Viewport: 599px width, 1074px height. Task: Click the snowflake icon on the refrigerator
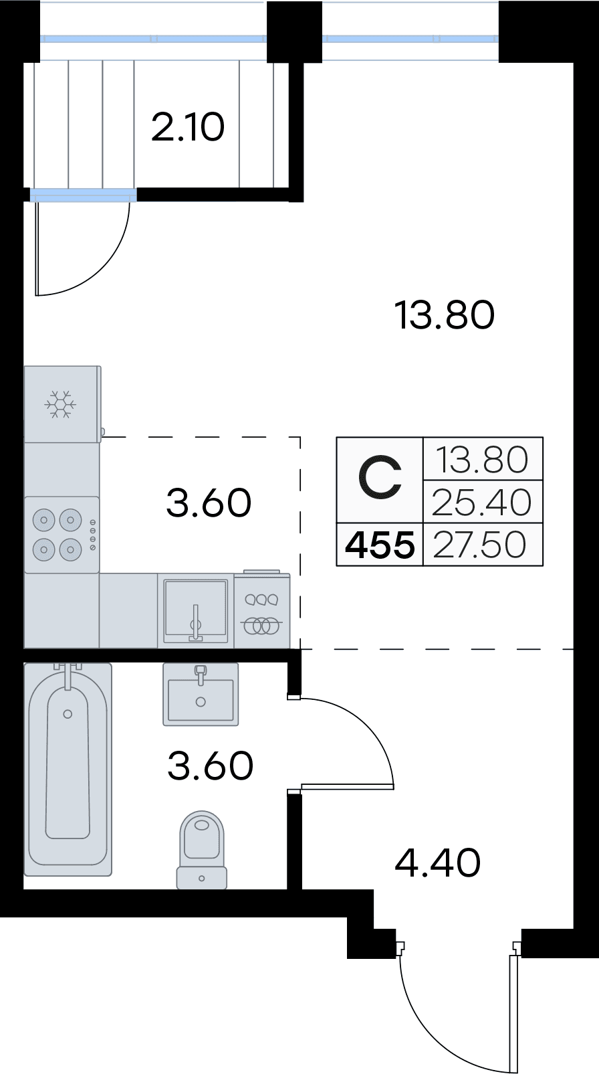point(60,404)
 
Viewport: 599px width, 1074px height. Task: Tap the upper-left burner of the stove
point(43,520)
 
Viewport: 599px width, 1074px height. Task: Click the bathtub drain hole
point(68,714)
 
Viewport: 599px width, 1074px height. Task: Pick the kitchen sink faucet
point(195,622)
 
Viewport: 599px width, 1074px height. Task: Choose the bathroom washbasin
point(201,694)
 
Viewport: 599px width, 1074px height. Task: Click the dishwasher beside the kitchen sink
point(262,610)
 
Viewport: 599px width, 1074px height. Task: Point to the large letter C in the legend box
point(380,478)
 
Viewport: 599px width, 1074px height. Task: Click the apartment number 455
point(380,545)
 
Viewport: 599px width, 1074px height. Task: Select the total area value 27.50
point(480,545)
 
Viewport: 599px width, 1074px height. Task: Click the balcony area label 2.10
point(188,128)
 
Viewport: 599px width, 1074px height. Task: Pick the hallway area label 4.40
point(437,863)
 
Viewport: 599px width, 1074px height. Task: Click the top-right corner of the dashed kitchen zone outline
point(300,437)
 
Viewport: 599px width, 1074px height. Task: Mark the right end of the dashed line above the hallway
point(573,649)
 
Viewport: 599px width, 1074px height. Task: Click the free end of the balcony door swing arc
point(129,203)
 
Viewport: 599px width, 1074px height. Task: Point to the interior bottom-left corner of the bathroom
point(24,889)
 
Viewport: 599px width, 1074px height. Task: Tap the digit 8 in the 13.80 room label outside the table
point(451,316)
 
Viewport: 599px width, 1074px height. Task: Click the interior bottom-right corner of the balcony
point(289,188)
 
